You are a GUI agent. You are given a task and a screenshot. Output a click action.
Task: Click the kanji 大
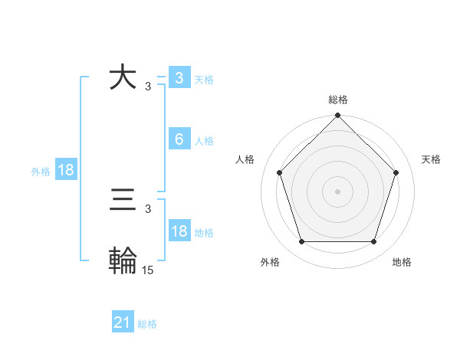(123, 78)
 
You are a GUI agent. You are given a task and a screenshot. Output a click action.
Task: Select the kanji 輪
(123, 260)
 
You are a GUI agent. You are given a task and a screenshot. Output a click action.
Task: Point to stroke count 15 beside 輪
(148, 270)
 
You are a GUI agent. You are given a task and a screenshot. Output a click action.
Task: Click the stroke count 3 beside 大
(147, 87)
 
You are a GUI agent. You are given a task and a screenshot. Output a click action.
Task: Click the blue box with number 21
(122, 322)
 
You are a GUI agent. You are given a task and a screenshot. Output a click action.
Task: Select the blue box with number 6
(179, 139)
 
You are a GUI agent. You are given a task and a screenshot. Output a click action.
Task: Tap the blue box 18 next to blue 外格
(66, 170)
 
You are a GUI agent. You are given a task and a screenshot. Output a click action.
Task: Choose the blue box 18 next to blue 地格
(179, 231)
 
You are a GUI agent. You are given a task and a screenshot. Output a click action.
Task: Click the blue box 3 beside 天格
(179, 77)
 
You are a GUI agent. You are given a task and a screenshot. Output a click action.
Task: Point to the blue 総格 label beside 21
(147, 324)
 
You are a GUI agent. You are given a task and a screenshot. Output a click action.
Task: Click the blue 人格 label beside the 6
(204, 141)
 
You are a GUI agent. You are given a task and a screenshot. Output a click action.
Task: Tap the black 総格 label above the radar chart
(337, 100)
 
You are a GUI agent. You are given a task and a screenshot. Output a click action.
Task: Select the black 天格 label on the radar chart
(431, 159)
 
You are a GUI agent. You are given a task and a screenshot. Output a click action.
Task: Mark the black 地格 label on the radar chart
(402, 262)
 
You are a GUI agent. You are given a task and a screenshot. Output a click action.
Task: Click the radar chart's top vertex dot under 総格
(337, 116)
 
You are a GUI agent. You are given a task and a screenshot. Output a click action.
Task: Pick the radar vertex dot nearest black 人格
(279, 172)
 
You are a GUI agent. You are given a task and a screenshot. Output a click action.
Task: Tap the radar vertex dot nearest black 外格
(301, 242)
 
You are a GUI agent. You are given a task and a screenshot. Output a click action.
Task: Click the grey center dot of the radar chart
(337, 191)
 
